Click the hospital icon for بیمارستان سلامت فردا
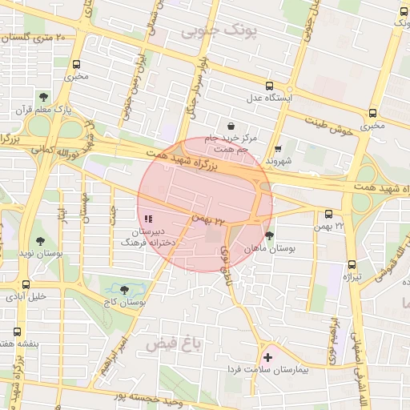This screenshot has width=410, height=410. point(267,357)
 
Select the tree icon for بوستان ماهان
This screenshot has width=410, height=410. point(269,235)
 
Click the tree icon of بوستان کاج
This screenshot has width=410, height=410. point(124,290)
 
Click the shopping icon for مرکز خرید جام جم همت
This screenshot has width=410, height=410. point(231,126)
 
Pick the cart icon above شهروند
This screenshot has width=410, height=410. point(278,148)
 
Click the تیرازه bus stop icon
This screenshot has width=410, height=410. point(352,265)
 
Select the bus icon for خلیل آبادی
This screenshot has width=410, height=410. point(26,284)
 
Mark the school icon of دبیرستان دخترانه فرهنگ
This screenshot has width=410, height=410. point(147,218)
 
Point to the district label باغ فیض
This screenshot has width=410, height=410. point(170,345)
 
